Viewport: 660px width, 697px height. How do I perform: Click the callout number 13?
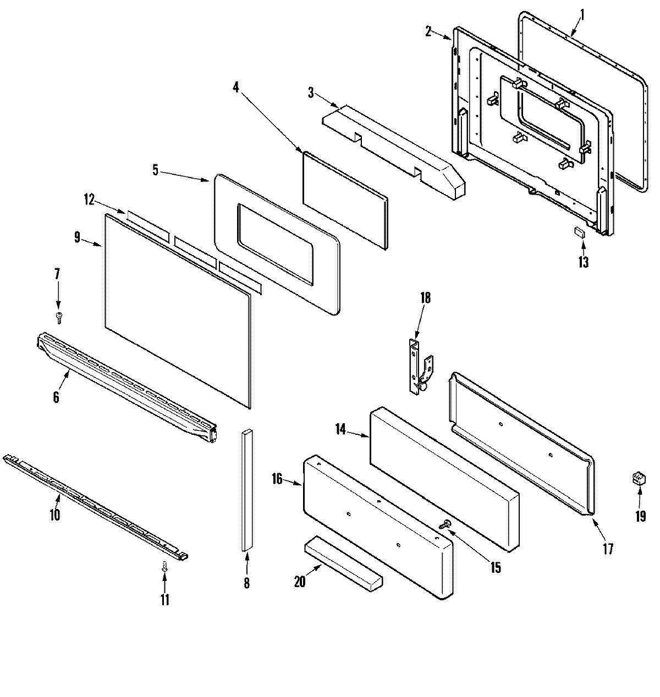point(582,262)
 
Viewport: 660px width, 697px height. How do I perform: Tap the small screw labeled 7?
point(58,316)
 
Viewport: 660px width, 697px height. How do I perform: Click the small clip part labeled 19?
point(639,478)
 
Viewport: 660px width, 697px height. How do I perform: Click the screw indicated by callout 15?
point(446,525)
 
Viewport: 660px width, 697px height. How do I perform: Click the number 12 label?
point(89,200)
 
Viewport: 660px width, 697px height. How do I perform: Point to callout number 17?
point(608,549)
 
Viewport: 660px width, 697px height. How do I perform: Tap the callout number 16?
point(277,479)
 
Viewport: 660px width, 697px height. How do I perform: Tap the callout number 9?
point(77,237)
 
